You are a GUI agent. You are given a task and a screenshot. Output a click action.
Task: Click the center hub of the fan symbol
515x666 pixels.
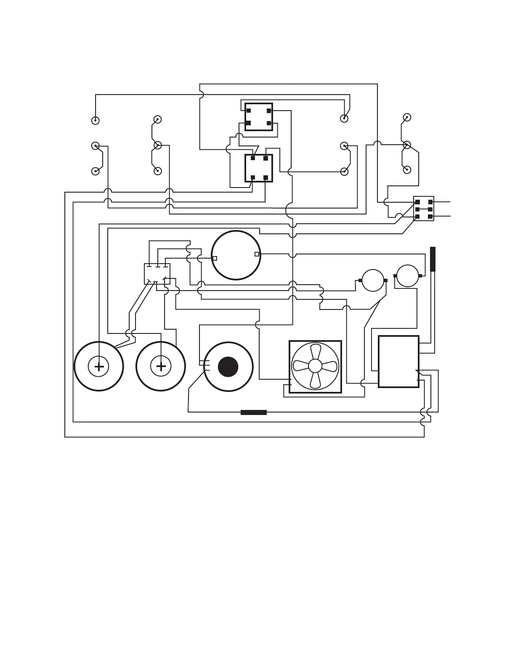click(x=315, y=366)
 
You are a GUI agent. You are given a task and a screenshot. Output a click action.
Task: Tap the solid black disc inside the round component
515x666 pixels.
click(x=228, y=367)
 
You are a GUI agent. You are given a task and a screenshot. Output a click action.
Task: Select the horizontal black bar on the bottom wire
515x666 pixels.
click(x=254, y=412)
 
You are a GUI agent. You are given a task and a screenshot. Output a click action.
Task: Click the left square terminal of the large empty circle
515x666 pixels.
click(x=215, y=258)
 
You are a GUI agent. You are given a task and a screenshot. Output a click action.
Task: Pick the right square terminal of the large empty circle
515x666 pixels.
click(x=257, y=254)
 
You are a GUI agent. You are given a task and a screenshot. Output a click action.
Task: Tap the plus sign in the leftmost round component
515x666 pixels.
click(x=99, y=367)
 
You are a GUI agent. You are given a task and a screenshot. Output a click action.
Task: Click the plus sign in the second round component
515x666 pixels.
click(x=161, y=367)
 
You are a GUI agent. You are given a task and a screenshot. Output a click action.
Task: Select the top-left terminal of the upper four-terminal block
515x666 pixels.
click(x=249, y=111)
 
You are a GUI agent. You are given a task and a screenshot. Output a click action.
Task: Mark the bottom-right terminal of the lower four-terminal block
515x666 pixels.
click(x=265, y=177)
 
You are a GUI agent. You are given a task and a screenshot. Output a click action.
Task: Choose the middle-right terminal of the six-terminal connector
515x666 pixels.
click(x=430, y=209)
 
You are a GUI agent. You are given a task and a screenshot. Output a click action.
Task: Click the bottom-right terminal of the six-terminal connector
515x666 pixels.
click(x=430, y=217)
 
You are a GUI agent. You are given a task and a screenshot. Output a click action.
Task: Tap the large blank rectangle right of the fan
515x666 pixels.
click(x=398, y=362)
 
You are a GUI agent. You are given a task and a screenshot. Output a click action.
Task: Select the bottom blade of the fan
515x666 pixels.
click(x=315, y=380)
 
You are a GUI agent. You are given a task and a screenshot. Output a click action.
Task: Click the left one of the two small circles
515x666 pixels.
click(x=373, y=280)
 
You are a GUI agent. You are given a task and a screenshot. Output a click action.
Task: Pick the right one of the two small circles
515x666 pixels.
click(x=407, y=276)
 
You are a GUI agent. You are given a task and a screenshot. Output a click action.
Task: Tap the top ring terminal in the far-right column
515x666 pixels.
click(x=407, y=117)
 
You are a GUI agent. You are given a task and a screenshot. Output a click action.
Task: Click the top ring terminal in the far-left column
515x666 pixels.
click(x=96, y=121)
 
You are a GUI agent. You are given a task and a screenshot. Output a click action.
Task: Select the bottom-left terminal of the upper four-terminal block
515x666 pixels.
click(x=249, y=123)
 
